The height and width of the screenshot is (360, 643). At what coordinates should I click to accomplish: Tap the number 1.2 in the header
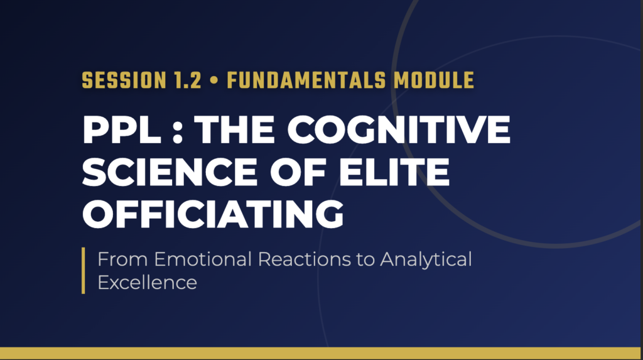(x=188, y=80)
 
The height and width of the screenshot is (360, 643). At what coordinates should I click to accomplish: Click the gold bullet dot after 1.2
(x=213, y=80)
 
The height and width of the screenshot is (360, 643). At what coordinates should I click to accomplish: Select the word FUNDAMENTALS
(x=306, y=80)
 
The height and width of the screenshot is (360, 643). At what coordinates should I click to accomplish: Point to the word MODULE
(x=434, y=80)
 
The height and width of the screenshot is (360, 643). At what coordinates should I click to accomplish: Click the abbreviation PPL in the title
(x=122, y=129)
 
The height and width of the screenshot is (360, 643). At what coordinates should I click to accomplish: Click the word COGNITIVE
(x=399, y=129)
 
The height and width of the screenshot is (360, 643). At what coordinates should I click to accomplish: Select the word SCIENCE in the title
(x=170, y=172)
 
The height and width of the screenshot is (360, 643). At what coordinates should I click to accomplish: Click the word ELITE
(x=394, y=172)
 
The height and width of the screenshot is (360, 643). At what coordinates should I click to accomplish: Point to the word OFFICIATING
(x=213, y=214)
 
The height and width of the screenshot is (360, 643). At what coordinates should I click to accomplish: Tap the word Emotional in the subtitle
(x=203, y=259)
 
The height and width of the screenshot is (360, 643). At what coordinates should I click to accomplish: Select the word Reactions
(x=305, y=259)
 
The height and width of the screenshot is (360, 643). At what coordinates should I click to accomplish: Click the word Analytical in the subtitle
(x=426, y=260)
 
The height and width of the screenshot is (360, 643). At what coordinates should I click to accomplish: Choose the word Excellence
(x=147, y=283)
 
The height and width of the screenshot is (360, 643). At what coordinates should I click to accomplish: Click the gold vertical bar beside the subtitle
(x=84, y=271)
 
